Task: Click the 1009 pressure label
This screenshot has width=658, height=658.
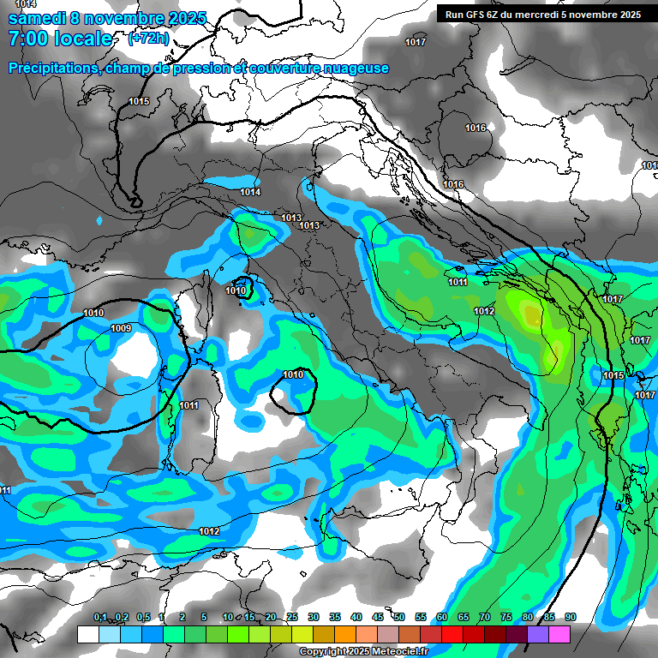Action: point(121,328)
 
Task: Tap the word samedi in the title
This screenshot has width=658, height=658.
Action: point(35,17)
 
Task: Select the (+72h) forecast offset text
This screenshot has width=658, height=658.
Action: point(148,39)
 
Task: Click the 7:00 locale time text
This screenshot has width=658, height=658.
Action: point(60,39)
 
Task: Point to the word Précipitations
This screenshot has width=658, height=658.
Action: point(51,68)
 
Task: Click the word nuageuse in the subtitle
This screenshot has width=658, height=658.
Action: point(354,68)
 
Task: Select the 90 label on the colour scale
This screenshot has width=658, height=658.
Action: point(570,618)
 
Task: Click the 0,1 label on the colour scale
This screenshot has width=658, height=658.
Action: point(100,618)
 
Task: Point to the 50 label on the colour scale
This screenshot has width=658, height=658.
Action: point(399,618)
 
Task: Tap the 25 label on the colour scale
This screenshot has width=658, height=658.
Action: point(291,618)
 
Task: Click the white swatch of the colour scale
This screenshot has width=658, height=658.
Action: point(87,635)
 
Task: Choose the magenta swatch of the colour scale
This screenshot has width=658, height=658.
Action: point(559,635)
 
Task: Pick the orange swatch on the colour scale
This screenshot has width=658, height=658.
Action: point(344,635)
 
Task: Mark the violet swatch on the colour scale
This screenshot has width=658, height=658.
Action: point(538,635)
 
